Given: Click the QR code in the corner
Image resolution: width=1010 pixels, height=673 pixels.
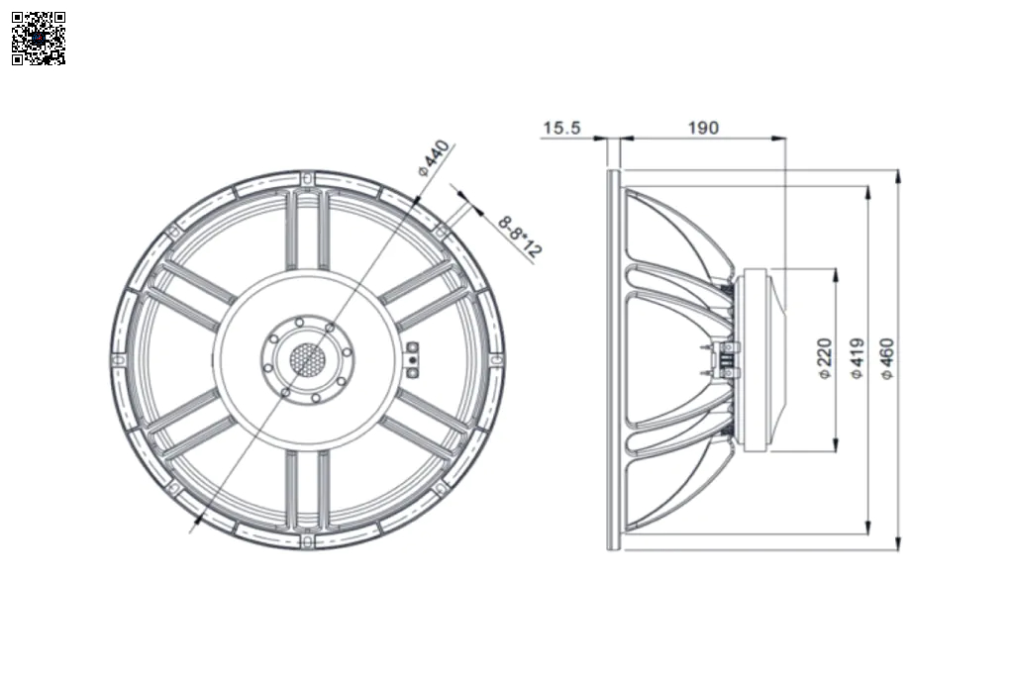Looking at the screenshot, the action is (x=39, y=38).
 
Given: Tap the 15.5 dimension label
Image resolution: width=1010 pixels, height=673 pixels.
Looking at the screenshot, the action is (x=561, y=128).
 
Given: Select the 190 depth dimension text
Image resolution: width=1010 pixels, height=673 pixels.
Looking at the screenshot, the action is (x=703, y=128).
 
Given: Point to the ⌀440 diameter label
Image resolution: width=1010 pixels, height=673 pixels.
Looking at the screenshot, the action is (x=433, y=158).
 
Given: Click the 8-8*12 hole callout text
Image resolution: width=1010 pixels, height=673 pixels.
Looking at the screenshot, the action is (x=520, y=237).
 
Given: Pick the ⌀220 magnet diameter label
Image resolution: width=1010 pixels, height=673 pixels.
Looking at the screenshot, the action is (x=824, y=358).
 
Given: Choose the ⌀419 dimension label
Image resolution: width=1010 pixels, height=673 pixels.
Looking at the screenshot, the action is (x=857, y=358).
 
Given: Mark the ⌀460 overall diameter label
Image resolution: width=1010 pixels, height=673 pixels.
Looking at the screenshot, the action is (x=887, y=358).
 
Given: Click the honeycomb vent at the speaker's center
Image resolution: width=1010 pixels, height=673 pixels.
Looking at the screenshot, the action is (x=307, y=358).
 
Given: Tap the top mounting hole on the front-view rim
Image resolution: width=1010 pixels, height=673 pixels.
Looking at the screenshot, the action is (x=307, y=177).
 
